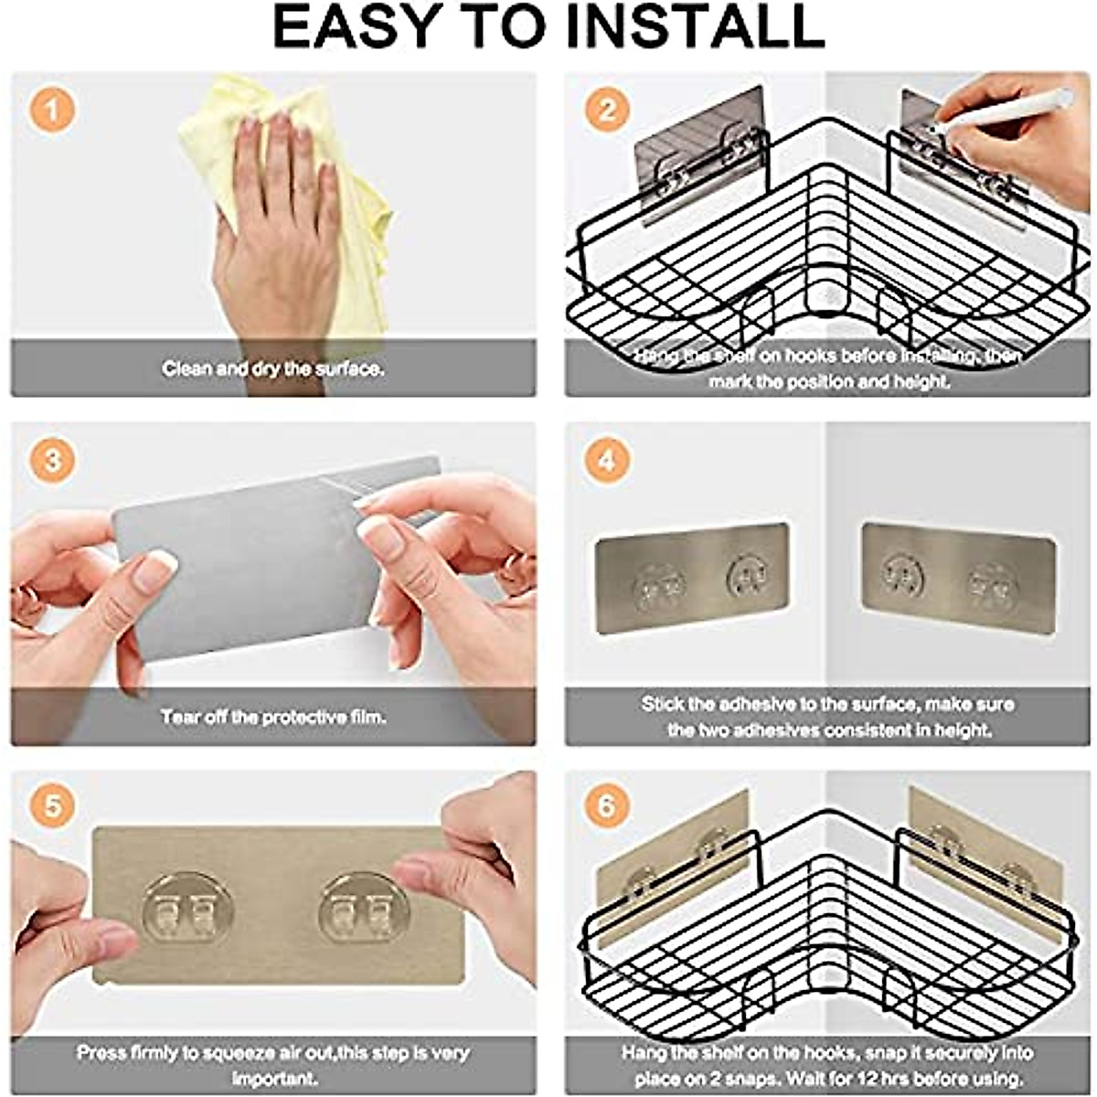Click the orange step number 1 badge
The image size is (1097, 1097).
point(52,112)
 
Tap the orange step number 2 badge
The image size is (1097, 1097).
point(607,112)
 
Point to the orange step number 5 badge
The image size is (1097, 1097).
point(52,807)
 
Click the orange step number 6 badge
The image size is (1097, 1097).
point(607,807)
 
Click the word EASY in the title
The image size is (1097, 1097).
point(352,27)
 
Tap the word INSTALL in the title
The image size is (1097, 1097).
point(695,27)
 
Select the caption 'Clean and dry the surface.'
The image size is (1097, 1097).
point(273,369)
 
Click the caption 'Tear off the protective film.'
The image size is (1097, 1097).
point(273,717)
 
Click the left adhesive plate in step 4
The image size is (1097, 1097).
point(691,578)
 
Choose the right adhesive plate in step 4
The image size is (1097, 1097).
point(958,578)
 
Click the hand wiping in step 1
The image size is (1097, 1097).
point(274,219)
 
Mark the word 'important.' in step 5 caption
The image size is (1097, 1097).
point(273,1079)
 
